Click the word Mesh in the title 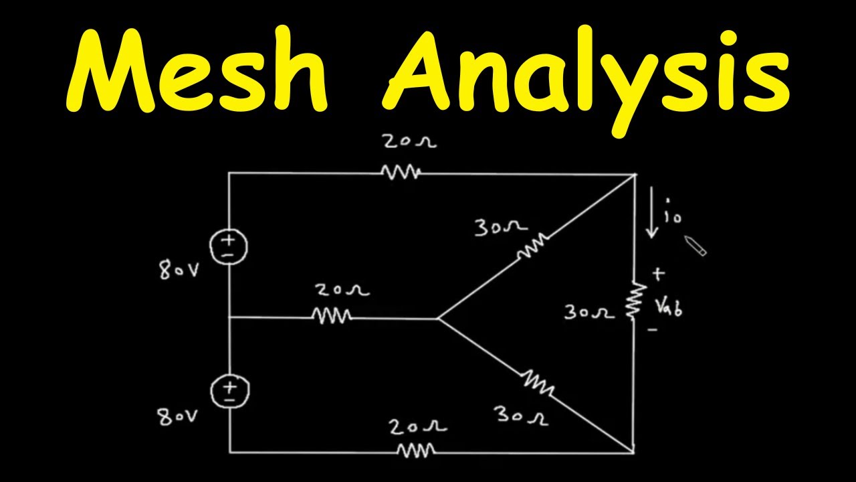(x=197, y=70)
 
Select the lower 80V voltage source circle (x=229, y=391)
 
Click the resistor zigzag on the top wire (x=401, y=172)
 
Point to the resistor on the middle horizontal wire (x=331, y=316)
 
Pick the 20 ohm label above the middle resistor (x=342, y=290)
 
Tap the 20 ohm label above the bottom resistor (x=418, y=426)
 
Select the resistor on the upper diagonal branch (x=533, y=246)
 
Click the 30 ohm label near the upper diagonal (x=501, y=227)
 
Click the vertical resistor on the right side (x=635, y=300)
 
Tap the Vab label (x=669, y=308)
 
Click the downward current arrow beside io (x=651, y=212)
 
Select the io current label (x=673, y=210)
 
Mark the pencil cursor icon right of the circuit (x=695, y=246)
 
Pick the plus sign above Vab (x=658, y=274)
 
